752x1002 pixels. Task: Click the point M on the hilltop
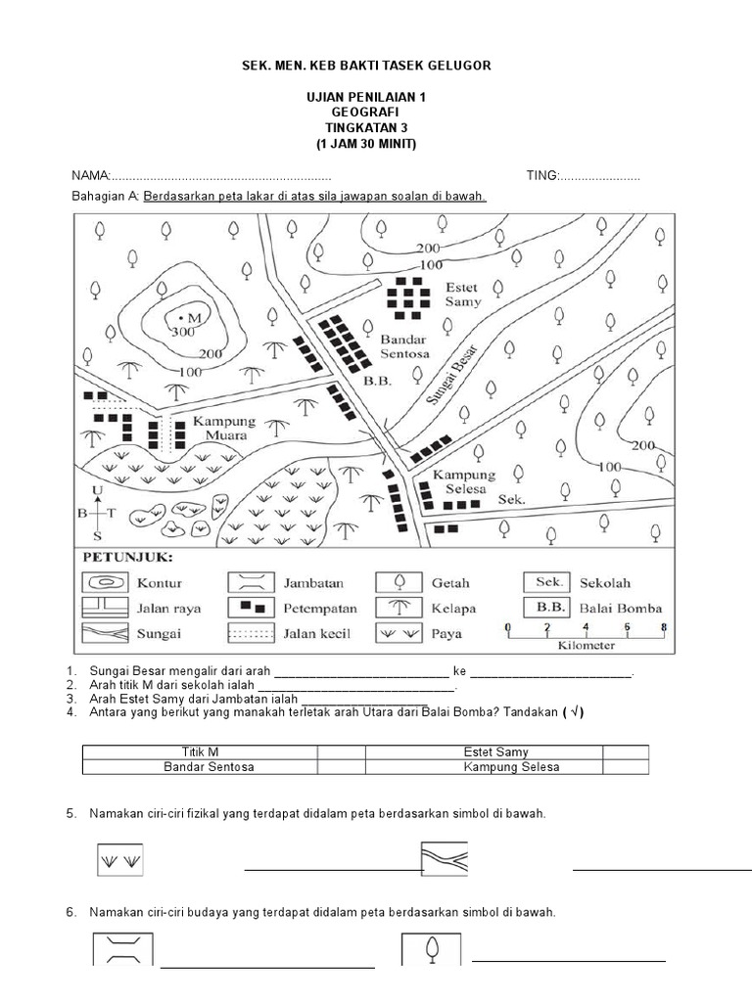[x=181, y=318]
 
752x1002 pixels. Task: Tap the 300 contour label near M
[x=182, y=333]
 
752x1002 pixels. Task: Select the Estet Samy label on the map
[x=463, y=296]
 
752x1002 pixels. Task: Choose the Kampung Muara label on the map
[x=223, y=428]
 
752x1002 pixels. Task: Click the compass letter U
[x=96, y=490]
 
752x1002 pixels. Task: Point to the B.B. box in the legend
[x=546, y=608]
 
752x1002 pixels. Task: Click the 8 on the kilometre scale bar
[x=663, y=627]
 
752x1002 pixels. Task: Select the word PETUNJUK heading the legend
[x=127, y=557]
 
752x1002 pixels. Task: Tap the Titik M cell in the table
[x=200, y=752]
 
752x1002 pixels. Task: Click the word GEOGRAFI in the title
[x=365, y=113]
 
